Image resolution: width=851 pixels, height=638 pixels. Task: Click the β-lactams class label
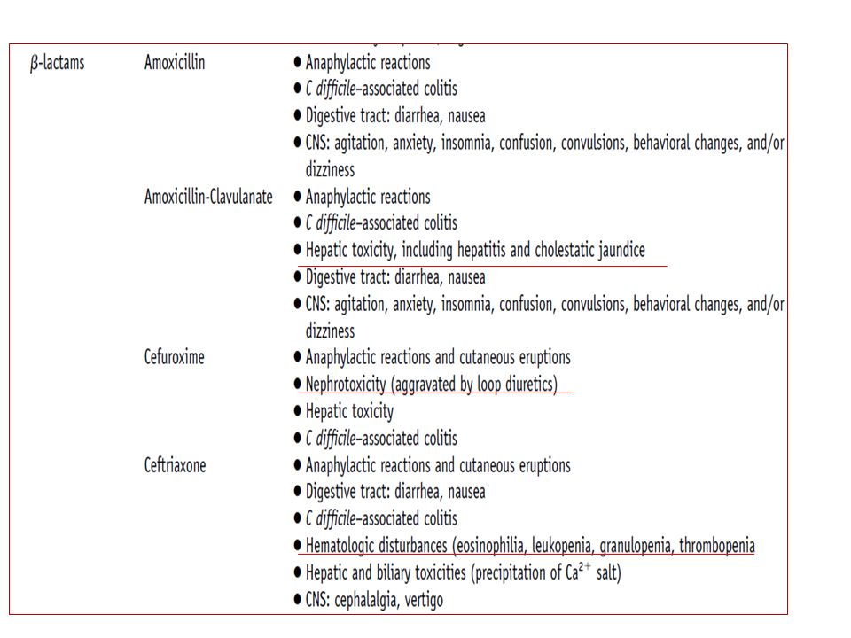57,63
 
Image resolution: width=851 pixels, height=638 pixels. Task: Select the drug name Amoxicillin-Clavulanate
208,197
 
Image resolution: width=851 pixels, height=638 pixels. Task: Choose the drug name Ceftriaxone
175,465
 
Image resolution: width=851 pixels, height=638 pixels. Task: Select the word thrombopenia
717,546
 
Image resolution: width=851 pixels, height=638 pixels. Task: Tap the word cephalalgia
382,600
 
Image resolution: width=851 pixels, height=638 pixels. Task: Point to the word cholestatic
547,250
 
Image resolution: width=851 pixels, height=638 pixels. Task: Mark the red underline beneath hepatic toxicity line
483,264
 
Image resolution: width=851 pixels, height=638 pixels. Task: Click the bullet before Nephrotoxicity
297,385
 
